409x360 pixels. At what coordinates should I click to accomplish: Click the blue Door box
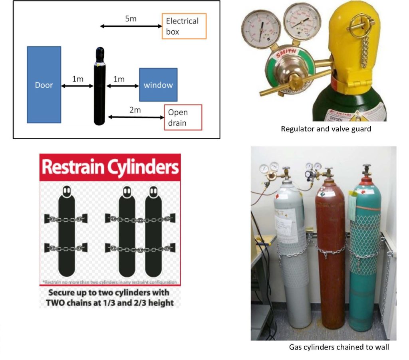pos(44,85)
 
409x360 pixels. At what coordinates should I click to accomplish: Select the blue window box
pos(158,85)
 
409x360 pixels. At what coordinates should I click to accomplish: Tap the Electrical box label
pos(184,26)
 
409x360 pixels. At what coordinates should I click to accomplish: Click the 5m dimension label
pos(131,19)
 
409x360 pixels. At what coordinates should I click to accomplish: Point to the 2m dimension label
pos(135,110)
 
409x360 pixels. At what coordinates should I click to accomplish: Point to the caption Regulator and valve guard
pos(326,129)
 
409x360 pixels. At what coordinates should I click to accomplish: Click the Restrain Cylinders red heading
pos(110,168)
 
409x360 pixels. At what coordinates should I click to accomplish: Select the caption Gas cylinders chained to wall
pos(339,347)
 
